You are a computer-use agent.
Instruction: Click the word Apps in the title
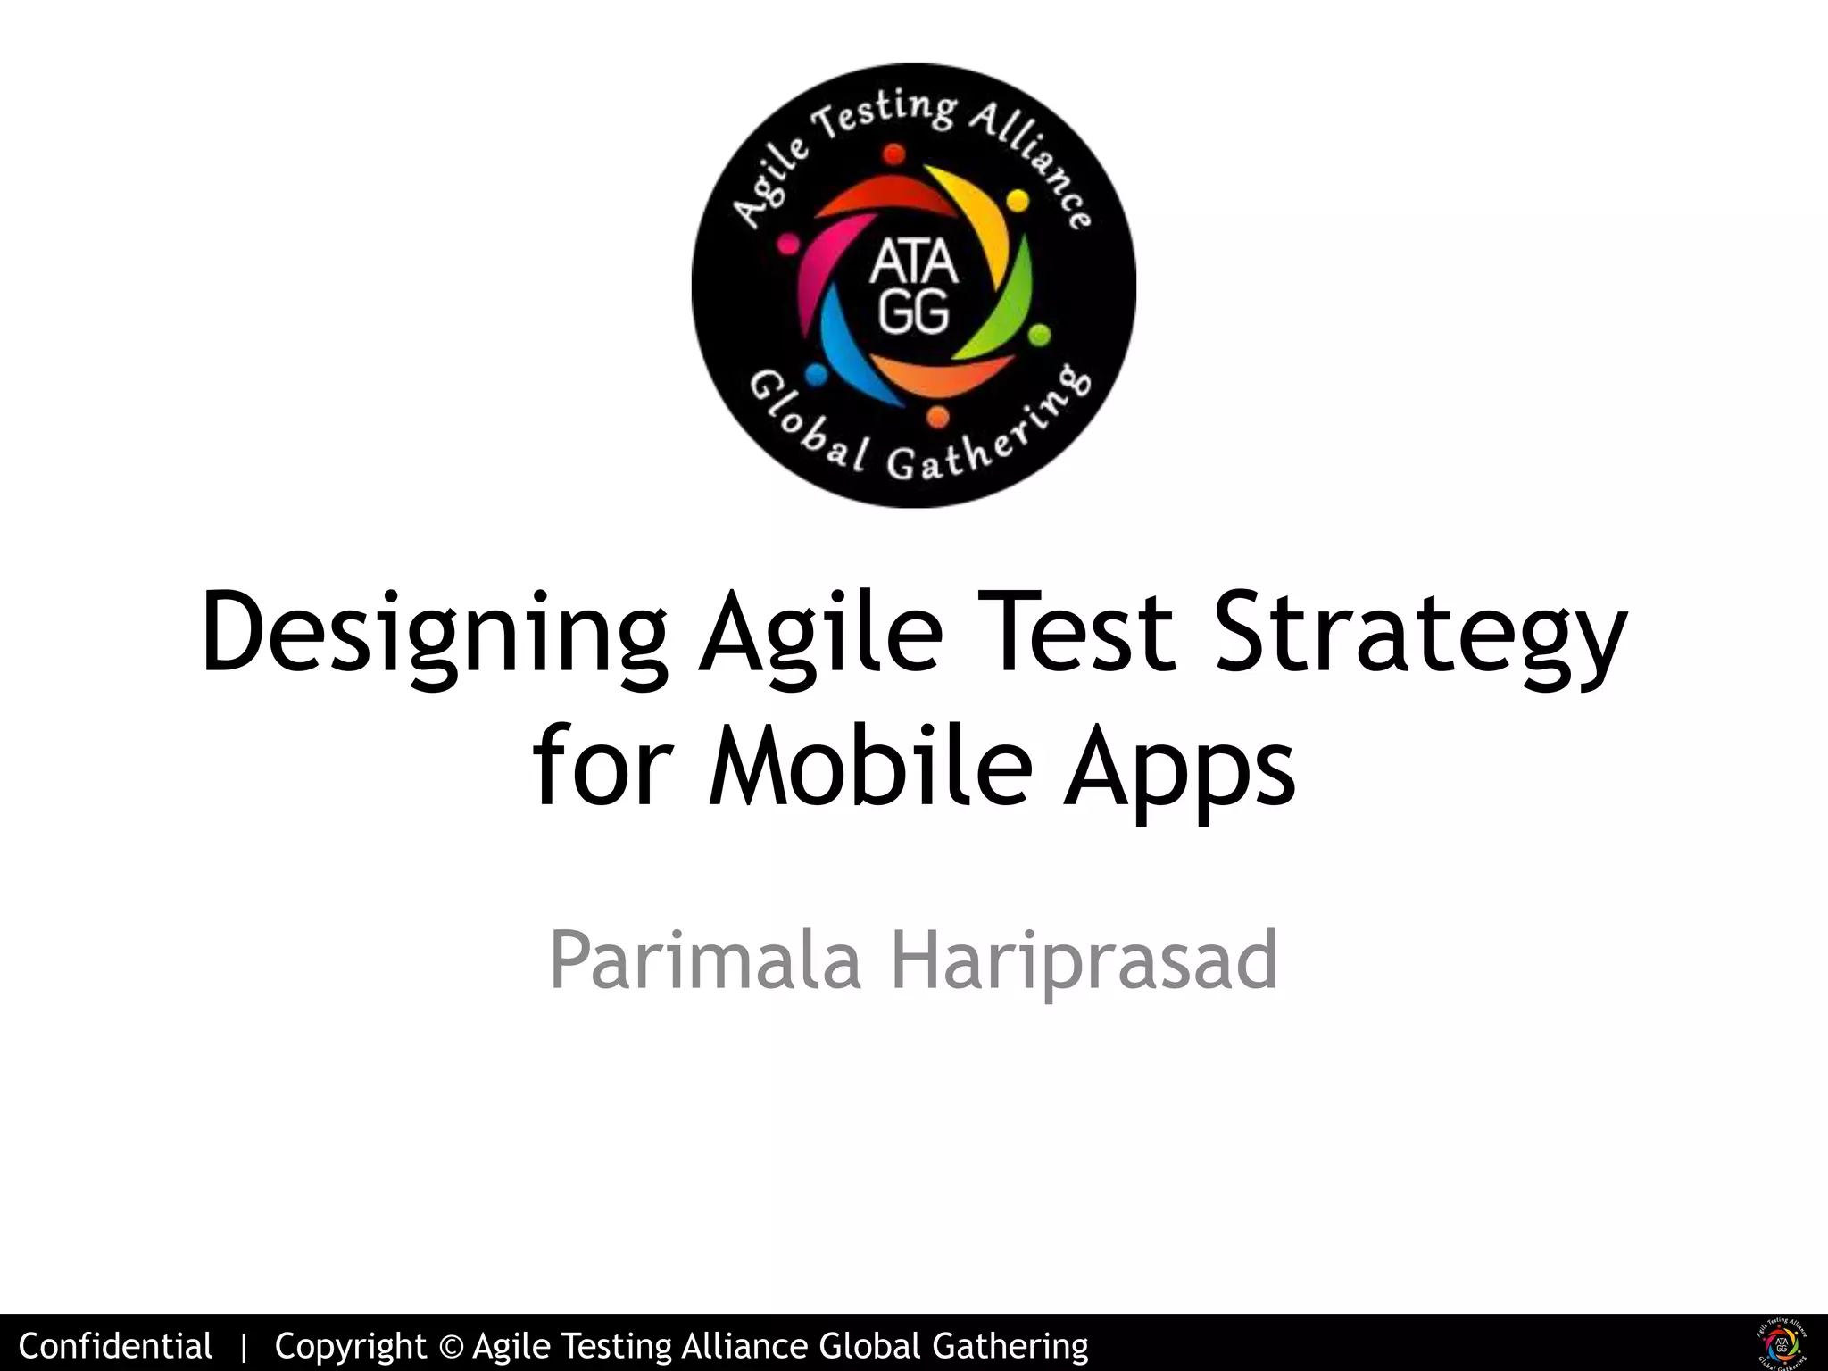(x=1179, y=769)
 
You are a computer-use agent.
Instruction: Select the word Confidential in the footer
(x=115, y=1345)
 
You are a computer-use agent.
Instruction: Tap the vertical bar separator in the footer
(x=244, y=1346)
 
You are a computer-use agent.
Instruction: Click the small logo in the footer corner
(x=1782, y=1343)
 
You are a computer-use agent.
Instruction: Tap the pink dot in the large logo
(x=787, y=243)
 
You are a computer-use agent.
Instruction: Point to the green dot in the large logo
(x=1040, y=336)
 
